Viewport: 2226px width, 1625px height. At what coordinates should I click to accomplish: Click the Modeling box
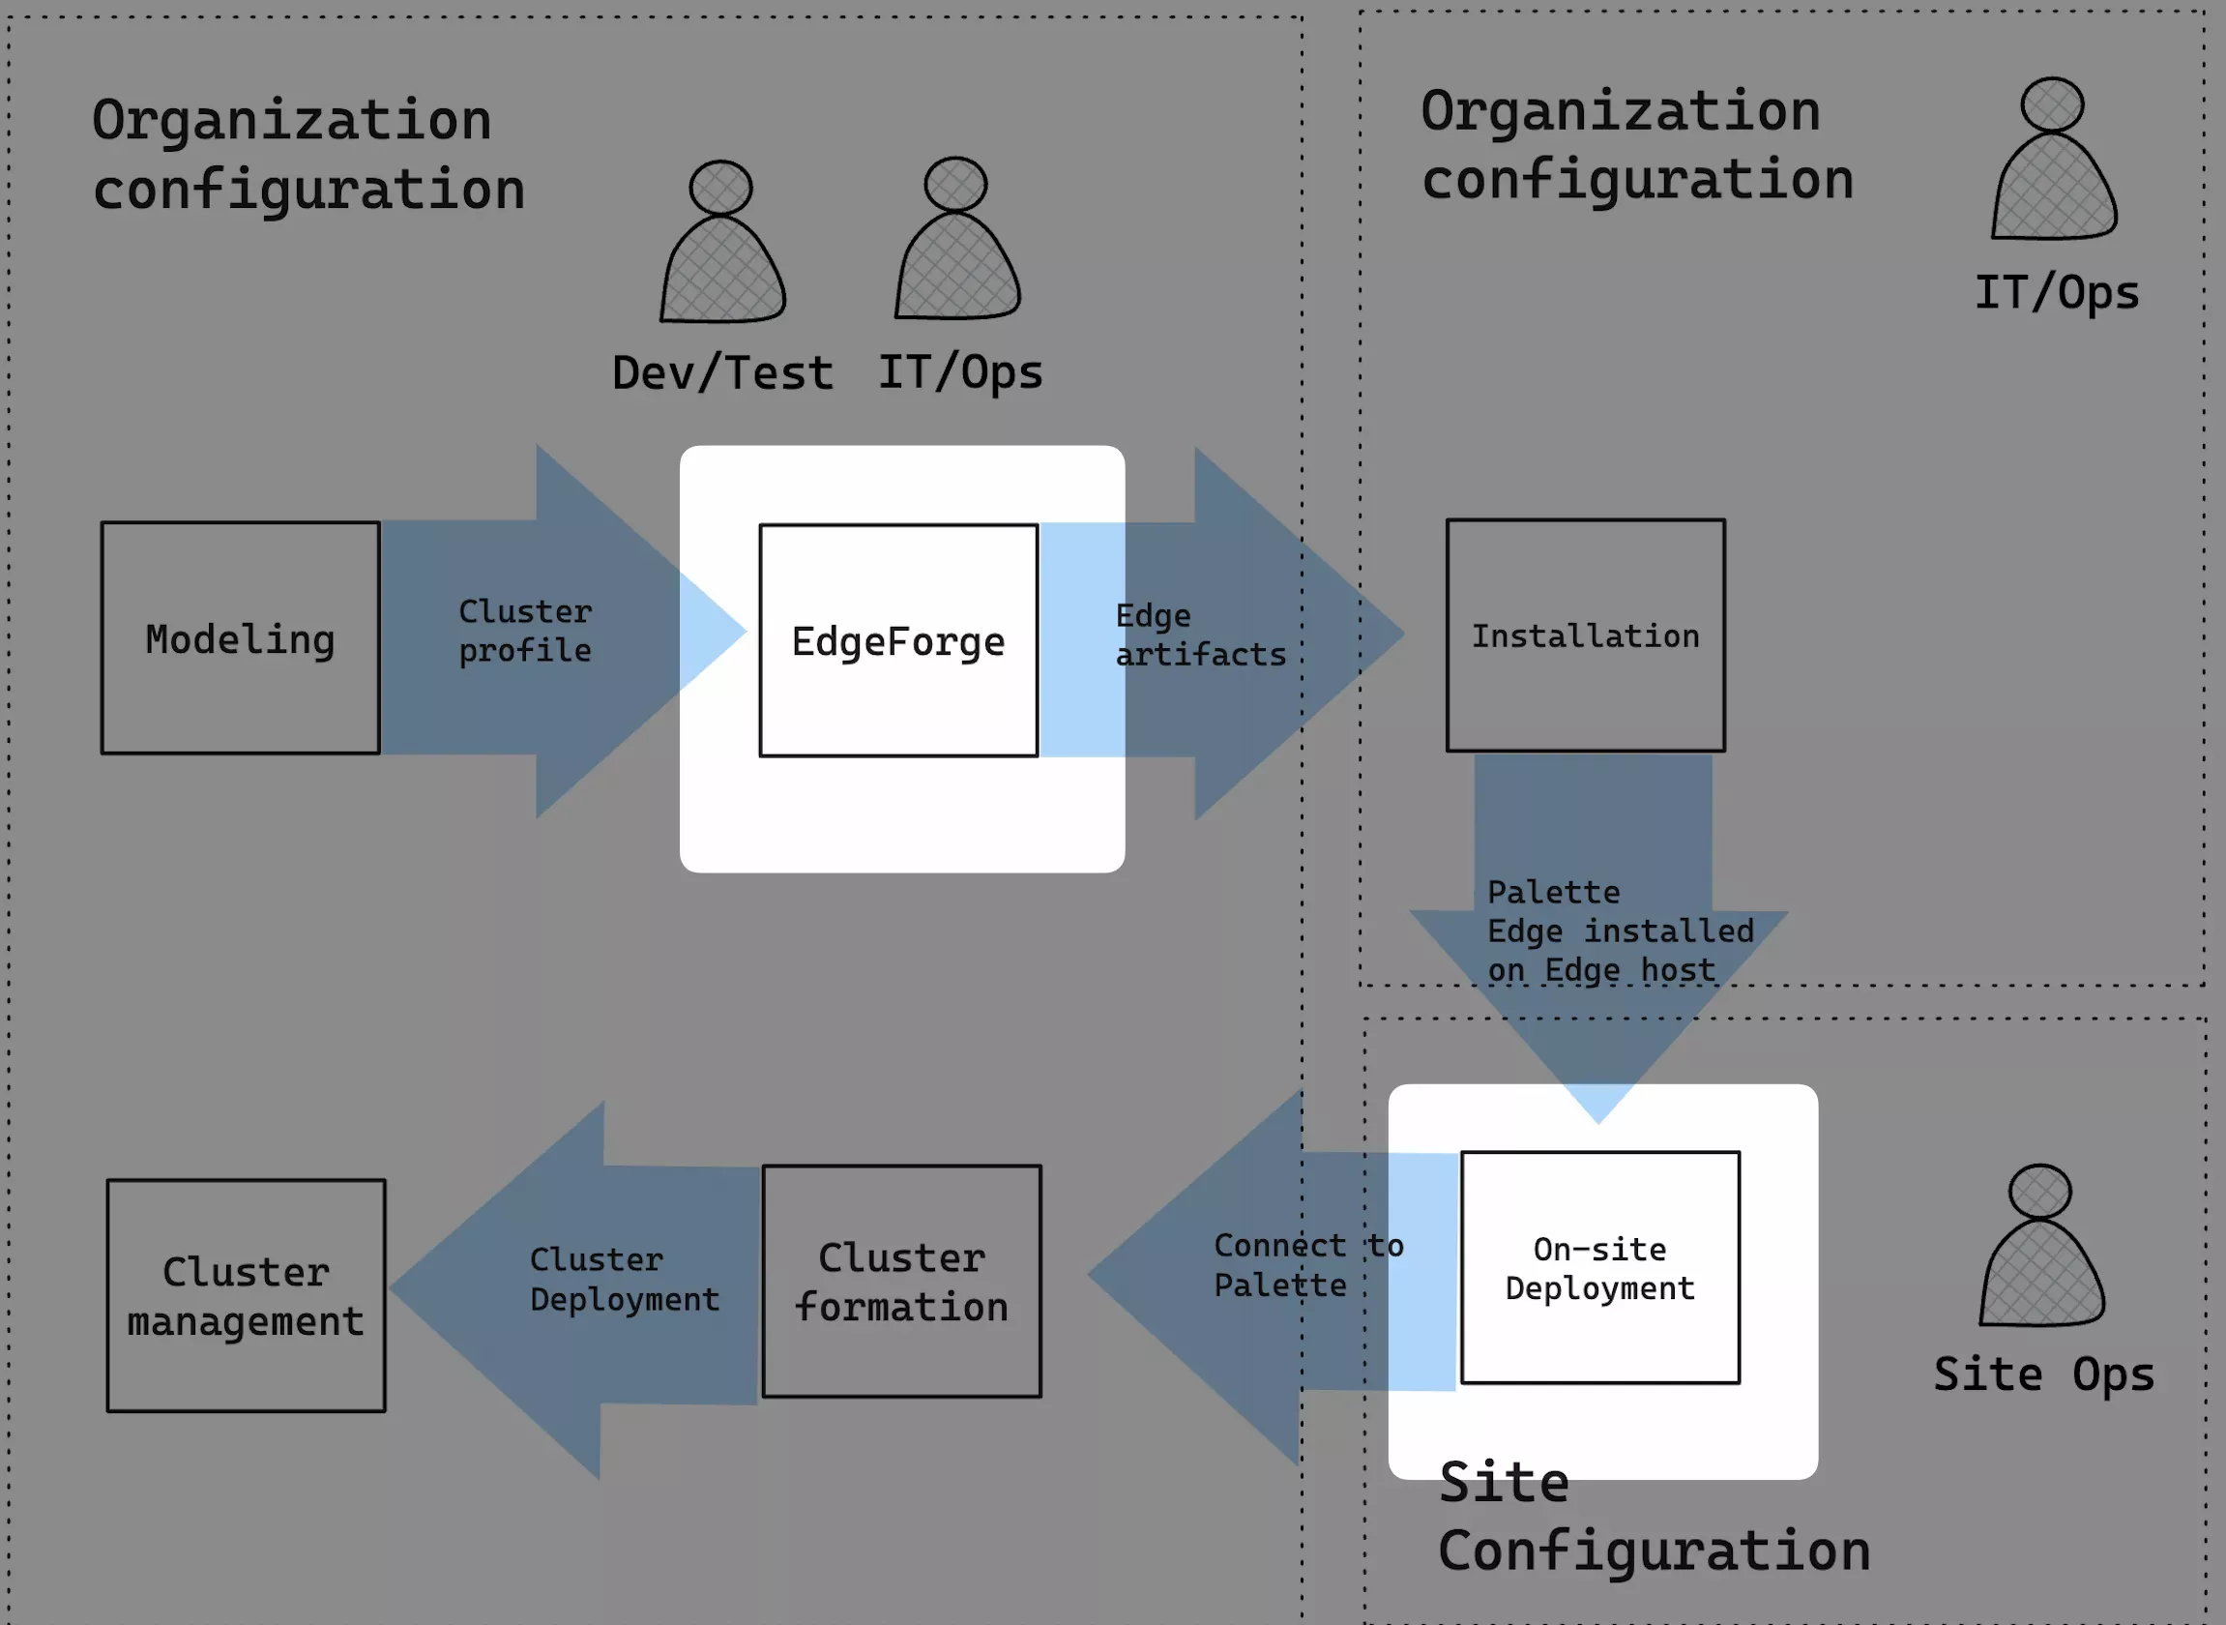click(x=240, y=638)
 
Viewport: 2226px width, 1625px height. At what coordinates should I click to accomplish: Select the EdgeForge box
click(x=897, y=640)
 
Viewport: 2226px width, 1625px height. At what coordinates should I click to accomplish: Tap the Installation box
click(x=1585, y=635)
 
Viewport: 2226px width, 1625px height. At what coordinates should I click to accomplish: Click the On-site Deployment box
click(x=1599, y=1268)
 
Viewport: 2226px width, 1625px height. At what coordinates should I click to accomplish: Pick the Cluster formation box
click(x=900, y=1281)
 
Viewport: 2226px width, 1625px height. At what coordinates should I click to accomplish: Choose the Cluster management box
click(x=246, y=1295)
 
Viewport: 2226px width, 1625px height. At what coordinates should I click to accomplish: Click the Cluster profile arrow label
click(x=525, y=631)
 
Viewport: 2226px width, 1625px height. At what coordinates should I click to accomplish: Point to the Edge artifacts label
click(x=1199, y=635)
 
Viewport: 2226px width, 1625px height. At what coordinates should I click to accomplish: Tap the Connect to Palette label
click(x=1307, y=1265)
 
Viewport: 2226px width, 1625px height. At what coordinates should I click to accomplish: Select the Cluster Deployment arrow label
click(x=625, y=1279)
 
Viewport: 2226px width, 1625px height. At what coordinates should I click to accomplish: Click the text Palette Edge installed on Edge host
click(x=1620, y=931)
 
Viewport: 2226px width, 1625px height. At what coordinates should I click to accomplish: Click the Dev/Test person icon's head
click(x=720, y=187)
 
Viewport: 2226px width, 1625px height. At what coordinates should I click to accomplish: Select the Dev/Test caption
click(x=722, y=373)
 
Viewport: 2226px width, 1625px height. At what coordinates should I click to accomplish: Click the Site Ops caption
click(x=2043, y=1374)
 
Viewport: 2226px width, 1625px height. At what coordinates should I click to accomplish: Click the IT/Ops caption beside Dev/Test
click(x=959, y=372)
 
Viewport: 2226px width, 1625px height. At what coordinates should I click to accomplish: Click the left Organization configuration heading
click(x=307, y=155)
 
